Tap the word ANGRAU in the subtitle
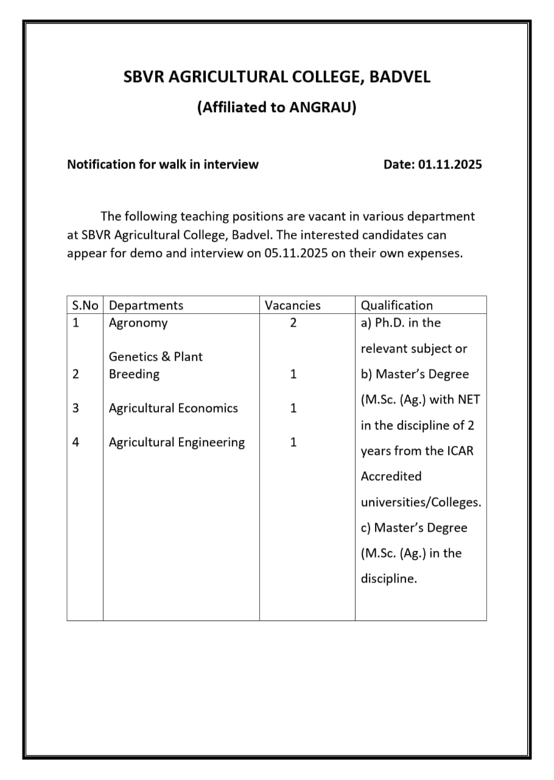coord(321,108)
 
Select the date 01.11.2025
coord(450,165)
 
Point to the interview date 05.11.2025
coord(296,253)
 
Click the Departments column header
coord(146,305)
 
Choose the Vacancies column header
coord(292,305)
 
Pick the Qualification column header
coord(397,305)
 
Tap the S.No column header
coord(85,305)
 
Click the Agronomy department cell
coord(138,323)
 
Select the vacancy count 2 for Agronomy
coord(293,323)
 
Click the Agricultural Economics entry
coord(173,408)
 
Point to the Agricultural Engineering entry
coord(177,442)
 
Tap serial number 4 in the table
coord(75,442)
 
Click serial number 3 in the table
coord(75,408)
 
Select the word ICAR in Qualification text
coord(458,451)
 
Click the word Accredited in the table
coord(391,477)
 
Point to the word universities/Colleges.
coord(421,503)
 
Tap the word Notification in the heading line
coord(101,165)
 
